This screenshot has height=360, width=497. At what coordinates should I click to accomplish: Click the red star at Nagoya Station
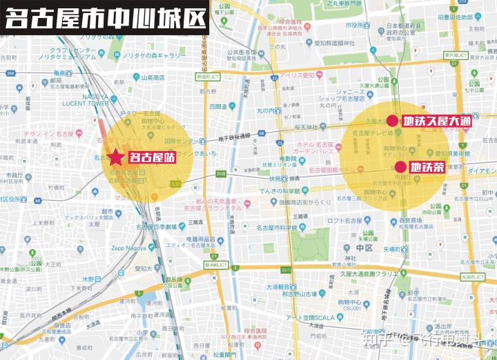tap(117, 157)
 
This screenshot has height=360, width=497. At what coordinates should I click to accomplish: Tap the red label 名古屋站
tap(151, 157)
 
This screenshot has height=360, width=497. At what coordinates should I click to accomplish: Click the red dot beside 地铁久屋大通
tap(392, 121)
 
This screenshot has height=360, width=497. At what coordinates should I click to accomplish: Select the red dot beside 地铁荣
tap(400, 166)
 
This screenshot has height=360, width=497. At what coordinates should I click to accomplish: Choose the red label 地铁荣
tap(427, 166)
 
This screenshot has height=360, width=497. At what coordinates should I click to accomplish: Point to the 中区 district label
tap(364, 247)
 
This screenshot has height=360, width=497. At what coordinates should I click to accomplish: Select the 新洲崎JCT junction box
tap(215, 265)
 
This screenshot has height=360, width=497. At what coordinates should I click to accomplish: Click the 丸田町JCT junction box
tap(478, 277)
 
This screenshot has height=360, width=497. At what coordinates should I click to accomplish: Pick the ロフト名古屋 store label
tap(349, 221)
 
